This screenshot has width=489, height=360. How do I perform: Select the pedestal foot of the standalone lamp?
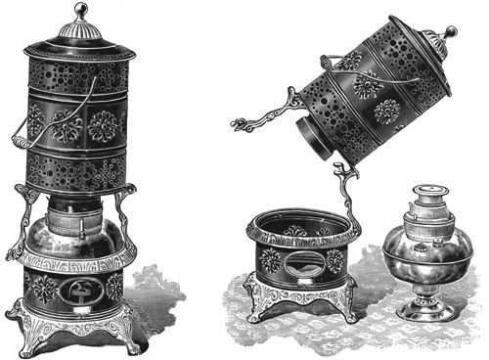(x=422, y=312)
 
